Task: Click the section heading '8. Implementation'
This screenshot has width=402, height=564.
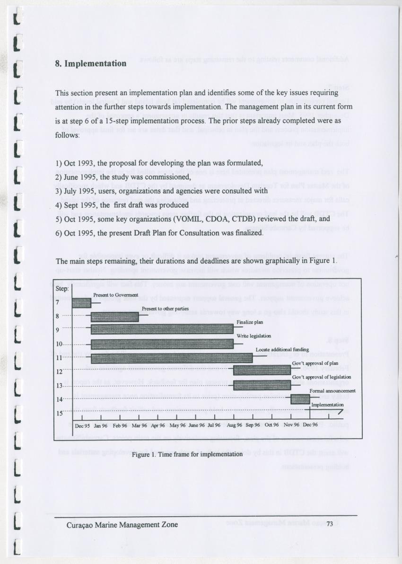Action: point(91,63)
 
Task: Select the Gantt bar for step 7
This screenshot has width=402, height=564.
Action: point(81,303)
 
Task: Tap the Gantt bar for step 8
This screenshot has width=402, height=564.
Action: point(115,317)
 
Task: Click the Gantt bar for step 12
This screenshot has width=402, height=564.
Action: point(262,370)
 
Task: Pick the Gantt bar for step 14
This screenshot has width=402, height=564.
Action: point(300,398)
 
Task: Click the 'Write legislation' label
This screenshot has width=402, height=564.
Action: point(253,336)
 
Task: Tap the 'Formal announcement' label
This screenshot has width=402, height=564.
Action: point(332,391)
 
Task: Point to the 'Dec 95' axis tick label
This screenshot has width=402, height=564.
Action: point(82,425)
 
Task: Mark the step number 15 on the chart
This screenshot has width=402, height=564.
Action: point(60,413)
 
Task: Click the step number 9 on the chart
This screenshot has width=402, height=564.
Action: point(58,330)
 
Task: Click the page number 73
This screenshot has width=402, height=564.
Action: point(330,524)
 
